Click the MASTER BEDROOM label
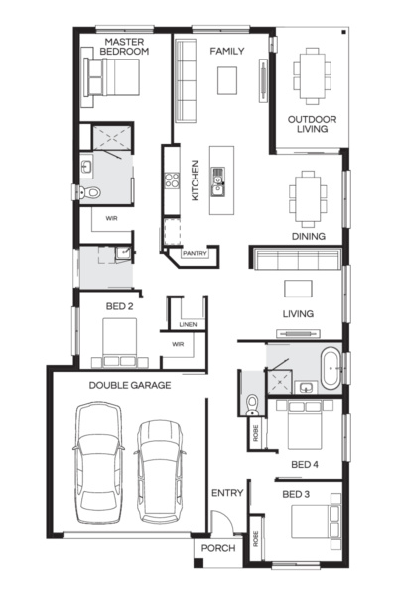click(x=126, y=45)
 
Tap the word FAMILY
click(x=227, y=50)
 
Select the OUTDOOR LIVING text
click(x=312, y=125)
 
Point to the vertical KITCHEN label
click(x=196, y=180)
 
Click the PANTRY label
click(x=194, y=254)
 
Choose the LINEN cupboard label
click(x=188, y=324)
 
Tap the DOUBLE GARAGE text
click(x=129, y=384)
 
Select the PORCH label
click(x=217, y=548)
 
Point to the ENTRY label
click(x=226, y=493)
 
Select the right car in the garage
click(x=161, y=470)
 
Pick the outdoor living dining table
click(x=312, y=75)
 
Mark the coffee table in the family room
click(x=228, y=79)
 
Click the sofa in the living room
click(x=296, y=260)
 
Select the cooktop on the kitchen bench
click(x=171, y=180)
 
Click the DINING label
click(x=309, y=236)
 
